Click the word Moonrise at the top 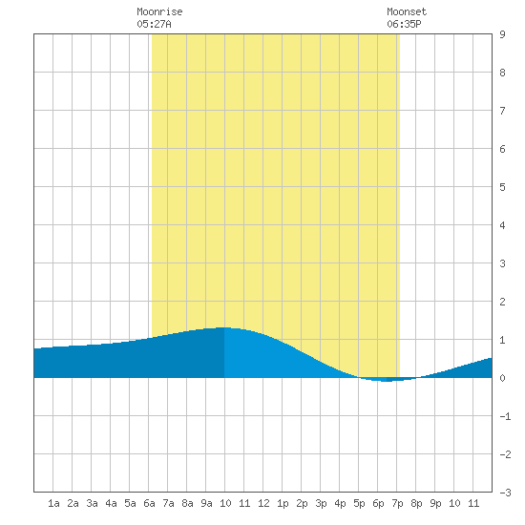point(159,11)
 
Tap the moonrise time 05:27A point(154,24)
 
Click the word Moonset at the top point(407,11)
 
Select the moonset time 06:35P point(404,24)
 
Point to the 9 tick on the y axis point(502,34)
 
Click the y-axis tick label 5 point(502,187)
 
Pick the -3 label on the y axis point(505,493)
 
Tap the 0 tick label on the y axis point(502,378)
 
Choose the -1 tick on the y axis point(505,416)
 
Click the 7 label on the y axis point(502,111)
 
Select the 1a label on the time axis point(53,503)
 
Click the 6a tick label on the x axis point(149,503)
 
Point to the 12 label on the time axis point(263,503)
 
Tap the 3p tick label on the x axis point(321,503)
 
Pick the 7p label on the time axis point(397,503)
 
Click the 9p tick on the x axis point(435,503)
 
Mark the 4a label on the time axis point(111,503)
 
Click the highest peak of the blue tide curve point(224,327)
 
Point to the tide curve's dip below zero point(387,381)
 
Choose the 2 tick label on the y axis point(502,302)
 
